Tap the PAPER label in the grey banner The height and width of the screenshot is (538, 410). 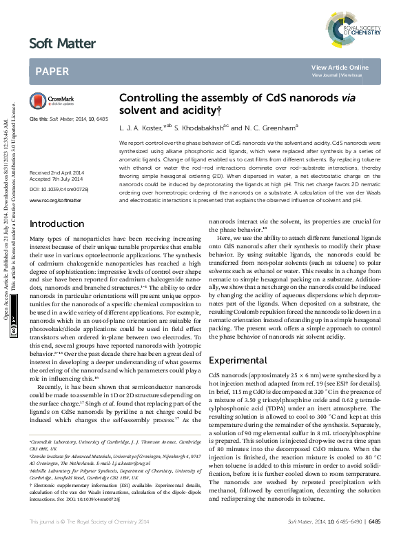click(x=52, y=70)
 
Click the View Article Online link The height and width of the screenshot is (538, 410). click(x=340, y=67)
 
